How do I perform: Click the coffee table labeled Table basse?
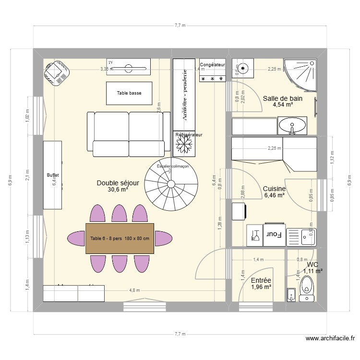(x=129, y=93)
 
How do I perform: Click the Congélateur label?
(x=212, y=64)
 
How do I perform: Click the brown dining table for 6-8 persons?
(x=120, y=239)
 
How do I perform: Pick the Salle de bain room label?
(x=283, y=98)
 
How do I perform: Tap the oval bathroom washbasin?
(x=291, y=127)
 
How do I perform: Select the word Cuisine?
(x=274, y=189)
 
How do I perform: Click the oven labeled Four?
(x=274, y=235)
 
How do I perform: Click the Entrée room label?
(x=261, y=281)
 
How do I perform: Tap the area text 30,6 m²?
(x=118, y=190)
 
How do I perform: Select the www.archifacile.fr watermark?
(x=331, y=339)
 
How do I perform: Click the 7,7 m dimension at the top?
(x=180, y=25)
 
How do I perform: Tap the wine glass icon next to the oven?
(x=255, y=235)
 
